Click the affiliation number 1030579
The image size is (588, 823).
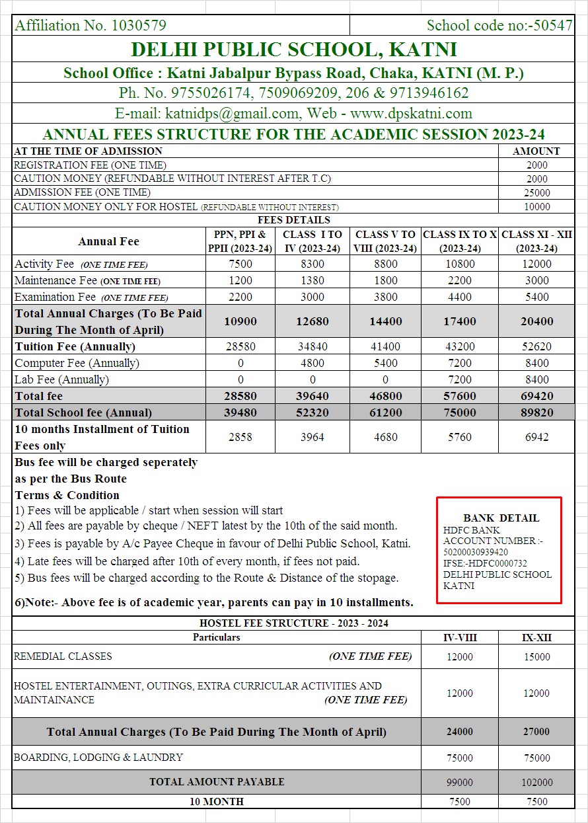139,26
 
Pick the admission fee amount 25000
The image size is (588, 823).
537,192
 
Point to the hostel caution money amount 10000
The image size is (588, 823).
537,206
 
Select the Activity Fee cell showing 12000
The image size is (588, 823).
537,264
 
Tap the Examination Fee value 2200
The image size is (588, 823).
240,297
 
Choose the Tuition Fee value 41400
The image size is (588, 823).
385,346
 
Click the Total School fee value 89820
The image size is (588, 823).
537,412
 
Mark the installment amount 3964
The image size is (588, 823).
312,437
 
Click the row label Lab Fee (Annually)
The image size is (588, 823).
62,379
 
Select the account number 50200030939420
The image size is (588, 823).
476,552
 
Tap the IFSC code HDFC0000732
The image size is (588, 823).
496,563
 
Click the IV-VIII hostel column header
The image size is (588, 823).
460,638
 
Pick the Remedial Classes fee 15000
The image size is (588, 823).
537,657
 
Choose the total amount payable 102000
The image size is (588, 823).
537,782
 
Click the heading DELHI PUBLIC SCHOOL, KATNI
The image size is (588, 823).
293,50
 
